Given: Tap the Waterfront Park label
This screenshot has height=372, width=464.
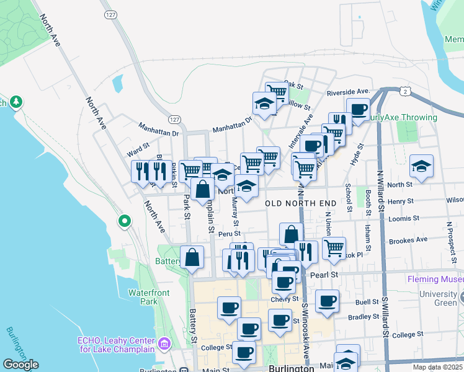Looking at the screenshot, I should pos(148,297).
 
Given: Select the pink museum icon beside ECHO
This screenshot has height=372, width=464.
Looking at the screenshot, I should pos(164,343).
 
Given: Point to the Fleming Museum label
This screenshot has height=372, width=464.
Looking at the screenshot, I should pos(435,279).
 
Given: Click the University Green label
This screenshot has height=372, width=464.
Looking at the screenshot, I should pos(441,298).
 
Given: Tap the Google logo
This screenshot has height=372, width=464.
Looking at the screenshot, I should pos(20,365).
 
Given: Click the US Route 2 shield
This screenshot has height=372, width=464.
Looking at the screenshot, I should pos(404,92).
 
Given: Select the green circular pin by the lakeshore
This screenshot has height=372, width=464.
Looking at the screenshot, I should pos(124,220).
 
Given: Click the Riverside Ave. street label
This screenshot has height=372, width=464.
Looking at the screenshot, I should pos(348,92).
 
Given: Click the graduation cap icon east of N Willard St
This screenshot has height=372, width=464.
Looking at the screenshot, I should pos(421,166).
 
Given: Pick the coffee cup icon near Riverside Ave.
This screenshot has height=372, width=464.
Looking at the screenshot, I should pos(358,110).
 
